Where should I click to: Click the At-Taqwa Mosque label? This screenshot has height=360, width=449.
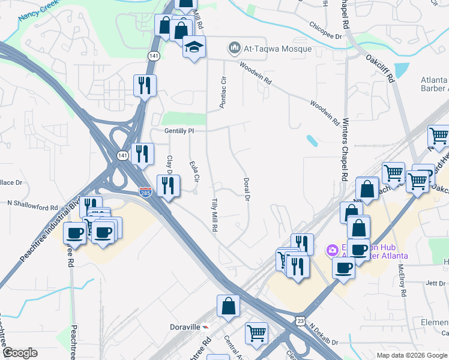tap(277, 49)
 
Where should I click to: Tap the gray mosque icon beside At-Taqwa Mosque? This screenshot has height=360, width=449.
tap(233, 48)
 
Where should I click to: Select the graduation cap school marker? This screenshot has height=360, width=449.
tap(194, 47)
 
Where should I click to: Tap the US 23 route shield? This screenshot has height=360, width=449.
tap(300, 322)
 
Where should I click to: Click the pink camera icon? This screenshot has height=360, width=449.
tap(331, 250)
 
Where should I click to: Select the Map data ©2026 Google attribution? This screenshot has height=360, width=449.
tap(411, 355)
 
